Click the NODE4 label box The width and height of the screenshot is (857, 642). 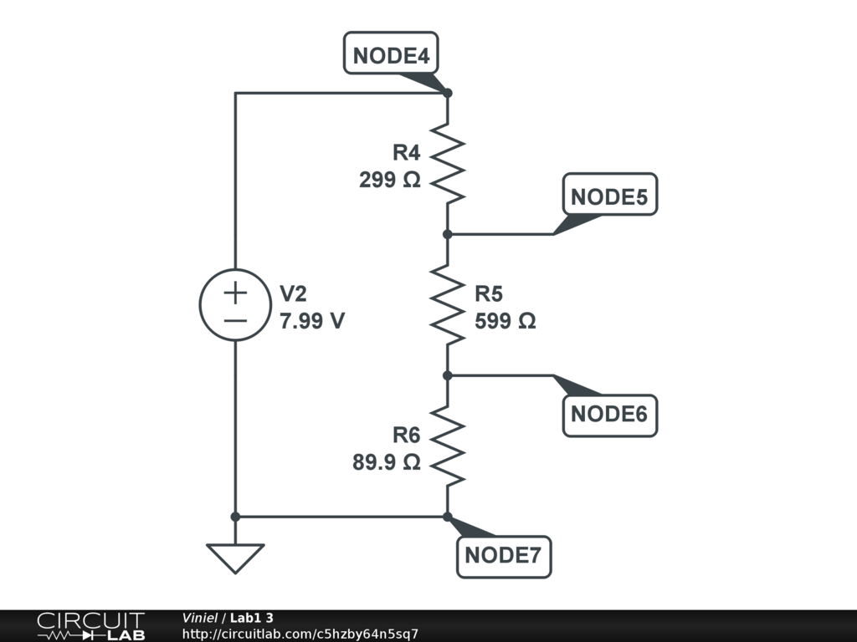(x=392, y=55)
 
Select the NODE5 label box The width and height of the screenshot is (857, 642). (x=609, y=197)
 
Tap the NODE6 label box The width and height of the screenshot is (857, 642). (x=609, y=414)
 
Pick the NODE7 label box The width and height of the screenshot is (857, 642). (x=504, y=555)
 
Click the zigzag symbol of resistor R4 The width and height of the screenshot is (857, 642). (x=448, y=164)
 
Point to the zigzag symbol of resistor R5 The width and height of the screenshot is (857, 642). (x=448, y=305)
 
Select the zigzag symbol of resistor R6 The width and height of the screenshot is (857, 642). (x=448, y=446)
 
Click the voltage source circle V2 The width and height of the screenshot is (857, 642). (x=235, y=306)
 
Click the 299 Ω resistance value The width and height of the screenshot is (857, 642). (x=389, y=180)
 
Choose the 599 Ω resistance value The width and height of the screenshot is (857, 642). (x=505, y=321)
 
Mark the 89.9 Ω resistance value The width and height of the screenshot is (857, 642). (x=386, y=462)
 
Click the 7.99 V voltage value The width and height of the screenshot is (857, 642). (x=312, y=321)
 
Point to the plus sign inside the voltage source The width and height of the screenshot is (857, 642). (x=235, y=293)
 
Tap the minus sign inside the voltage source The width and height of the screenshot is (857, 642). (x=235, y=321)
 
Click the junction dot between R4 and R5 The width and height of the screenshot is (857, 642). (x=448, y=234)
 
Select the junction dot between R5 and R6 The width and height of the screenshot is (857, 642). (x=448, y=375)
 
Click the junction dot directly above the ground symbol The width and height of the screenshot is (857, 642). (x=235, y=517)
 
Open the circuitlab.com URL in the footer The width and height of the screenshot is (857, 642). (x=300, y=634)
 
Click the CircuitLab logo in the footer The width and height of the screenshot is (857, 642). (x=90, y=626)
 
